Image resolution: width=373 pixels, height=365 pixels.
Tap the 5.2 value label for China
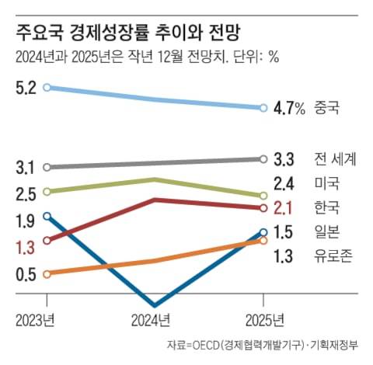click(x=25, y=89)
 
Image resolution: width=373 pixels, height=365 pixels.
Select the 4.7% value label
click(x=289, y=108)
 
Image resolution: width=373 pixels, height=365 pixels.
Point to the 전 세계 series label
click(x=335, y=159)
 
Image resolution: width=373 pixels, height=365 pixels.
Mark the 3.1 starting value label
click(x=25, y=167)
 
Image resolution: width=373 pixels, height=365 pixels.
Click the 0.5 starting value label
click(x=25, y=274)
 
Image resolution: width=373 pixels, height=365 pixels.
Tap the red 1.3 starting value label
click(x=25, y=248)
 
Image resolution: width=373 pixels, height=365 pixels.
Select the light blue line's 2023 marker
click(x=47, y=88)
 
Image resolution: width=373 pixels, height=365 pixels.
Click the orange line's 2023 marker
click(x=47, y=273)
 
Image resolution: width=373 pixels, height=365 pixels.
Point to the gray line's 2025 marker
click(x=263, y=159)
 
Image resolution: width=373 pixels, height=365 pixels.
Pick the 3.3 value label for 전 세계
click(x=284, y=159)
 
